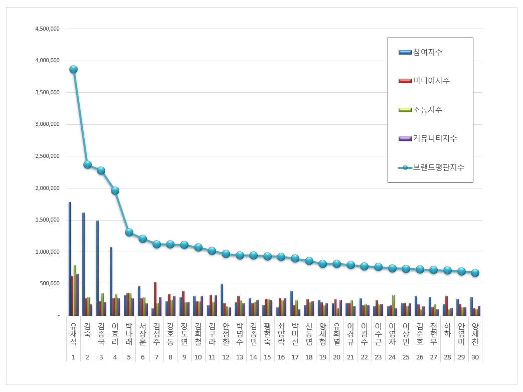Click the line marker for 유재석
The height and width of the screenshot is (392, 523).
[x=73, y=69]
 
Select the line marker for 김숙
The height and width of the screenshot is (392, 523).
[x=87, y=164]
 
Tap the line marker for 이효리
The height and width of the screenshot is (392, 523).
[x=115, y=190]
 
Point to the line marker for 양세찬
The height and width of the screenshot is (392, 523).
[x=475, y=273]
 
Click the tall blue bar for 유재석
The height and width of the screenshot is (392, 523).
[x=70, y=259]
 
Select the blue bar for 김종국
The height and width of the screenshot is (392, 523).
[x=97, y=268]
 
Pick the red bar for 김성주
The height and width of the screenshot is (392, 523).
[x=155, y=299]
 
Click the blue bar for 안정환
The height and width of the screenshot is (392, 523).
[x=222, y=300]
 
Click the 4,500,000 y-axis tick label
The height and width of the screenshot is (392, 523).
[x=48, y=29]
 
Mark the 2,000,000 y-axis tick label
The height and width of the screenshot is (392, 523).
[x=48, y=188]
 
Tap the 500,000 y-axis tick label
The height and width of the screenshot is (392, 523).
[x=50, y=284]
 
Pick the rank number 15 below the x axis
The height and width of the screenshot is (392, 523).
[x=267, y=357]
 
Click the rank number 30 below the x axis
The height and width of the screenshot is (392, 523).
[x=475, y=357]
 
